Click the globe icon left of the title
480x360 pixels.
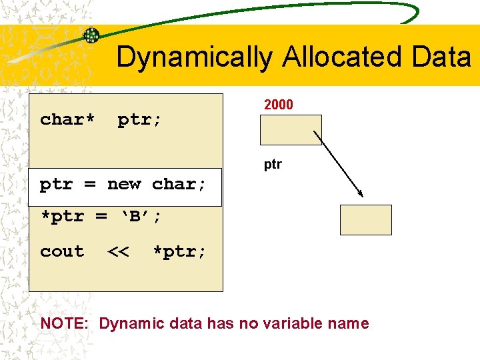[91, 36]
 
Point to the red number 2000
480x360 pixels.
[279, 105]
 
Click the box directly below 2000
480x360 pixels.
[291, 130]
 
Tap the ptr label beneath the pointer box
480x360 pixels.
[273, 164]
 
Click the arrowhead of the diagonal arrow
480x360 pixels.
[360, 193]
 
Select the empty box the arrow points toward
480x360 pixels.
[365, 220]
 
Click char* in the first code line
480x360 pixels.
[67, 119]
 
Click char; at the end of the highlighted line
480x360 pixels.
[179, 184]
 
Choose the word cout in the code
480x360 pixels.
[62, 251]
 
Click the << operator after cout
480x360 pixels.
[118, 251]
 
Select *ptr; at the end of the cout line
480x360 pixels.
[179, 251]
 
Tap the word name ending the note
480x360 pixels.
[349, 324]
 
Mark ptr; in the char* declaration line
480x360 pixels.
[140, 119]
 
